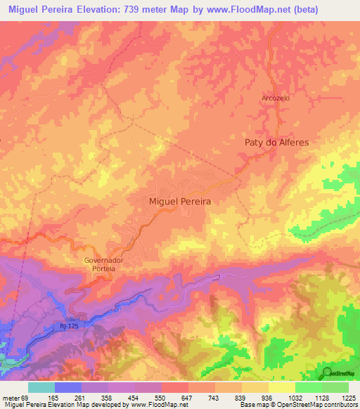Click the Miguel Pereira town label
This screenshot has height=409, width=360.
[181, 201]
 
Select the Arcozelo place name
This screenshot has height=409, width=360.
[276, 98]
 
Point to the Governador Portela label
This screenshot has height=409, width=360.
[104, 264]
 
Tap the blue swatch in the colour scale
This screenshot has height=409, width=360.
[68, 387]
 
